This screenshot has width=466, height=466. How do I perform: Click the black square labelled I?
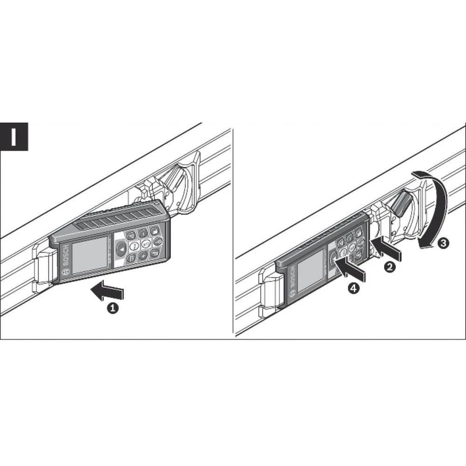click(x=14, y=137)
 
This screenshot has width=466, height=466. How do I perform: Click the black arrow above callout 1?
click(x=107, y=292)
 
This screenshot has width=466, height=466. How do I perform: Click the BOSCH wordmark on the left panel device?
click(x=65, y=256)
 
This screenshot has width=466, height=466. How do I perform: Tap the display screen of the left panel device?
click(x=90, y=254)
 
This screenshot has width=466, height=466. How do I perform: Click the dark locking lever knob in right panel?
click(x=401, y=204)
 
